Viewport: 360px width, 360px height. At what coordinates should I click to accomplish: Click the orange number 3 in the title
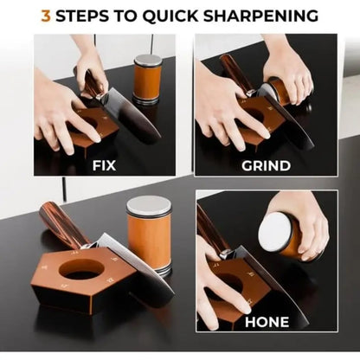click(x=47, y=16)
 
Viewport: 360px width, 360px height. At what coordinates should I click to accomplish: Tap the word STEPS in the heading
click(x=88, y=16)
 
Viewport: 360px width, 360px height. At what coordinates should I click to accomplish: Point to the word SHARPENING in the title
click(x=265, y=16)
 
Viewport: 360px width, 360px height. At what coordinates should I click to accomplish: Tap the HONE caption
click(x=267, y=321)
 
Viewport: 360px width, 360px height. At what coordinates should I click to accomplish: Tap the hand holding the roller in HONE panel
click(x=307, y=221)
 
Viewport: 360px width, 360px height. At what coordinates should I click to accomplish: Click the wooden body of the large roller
click(x=150, y=242)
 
